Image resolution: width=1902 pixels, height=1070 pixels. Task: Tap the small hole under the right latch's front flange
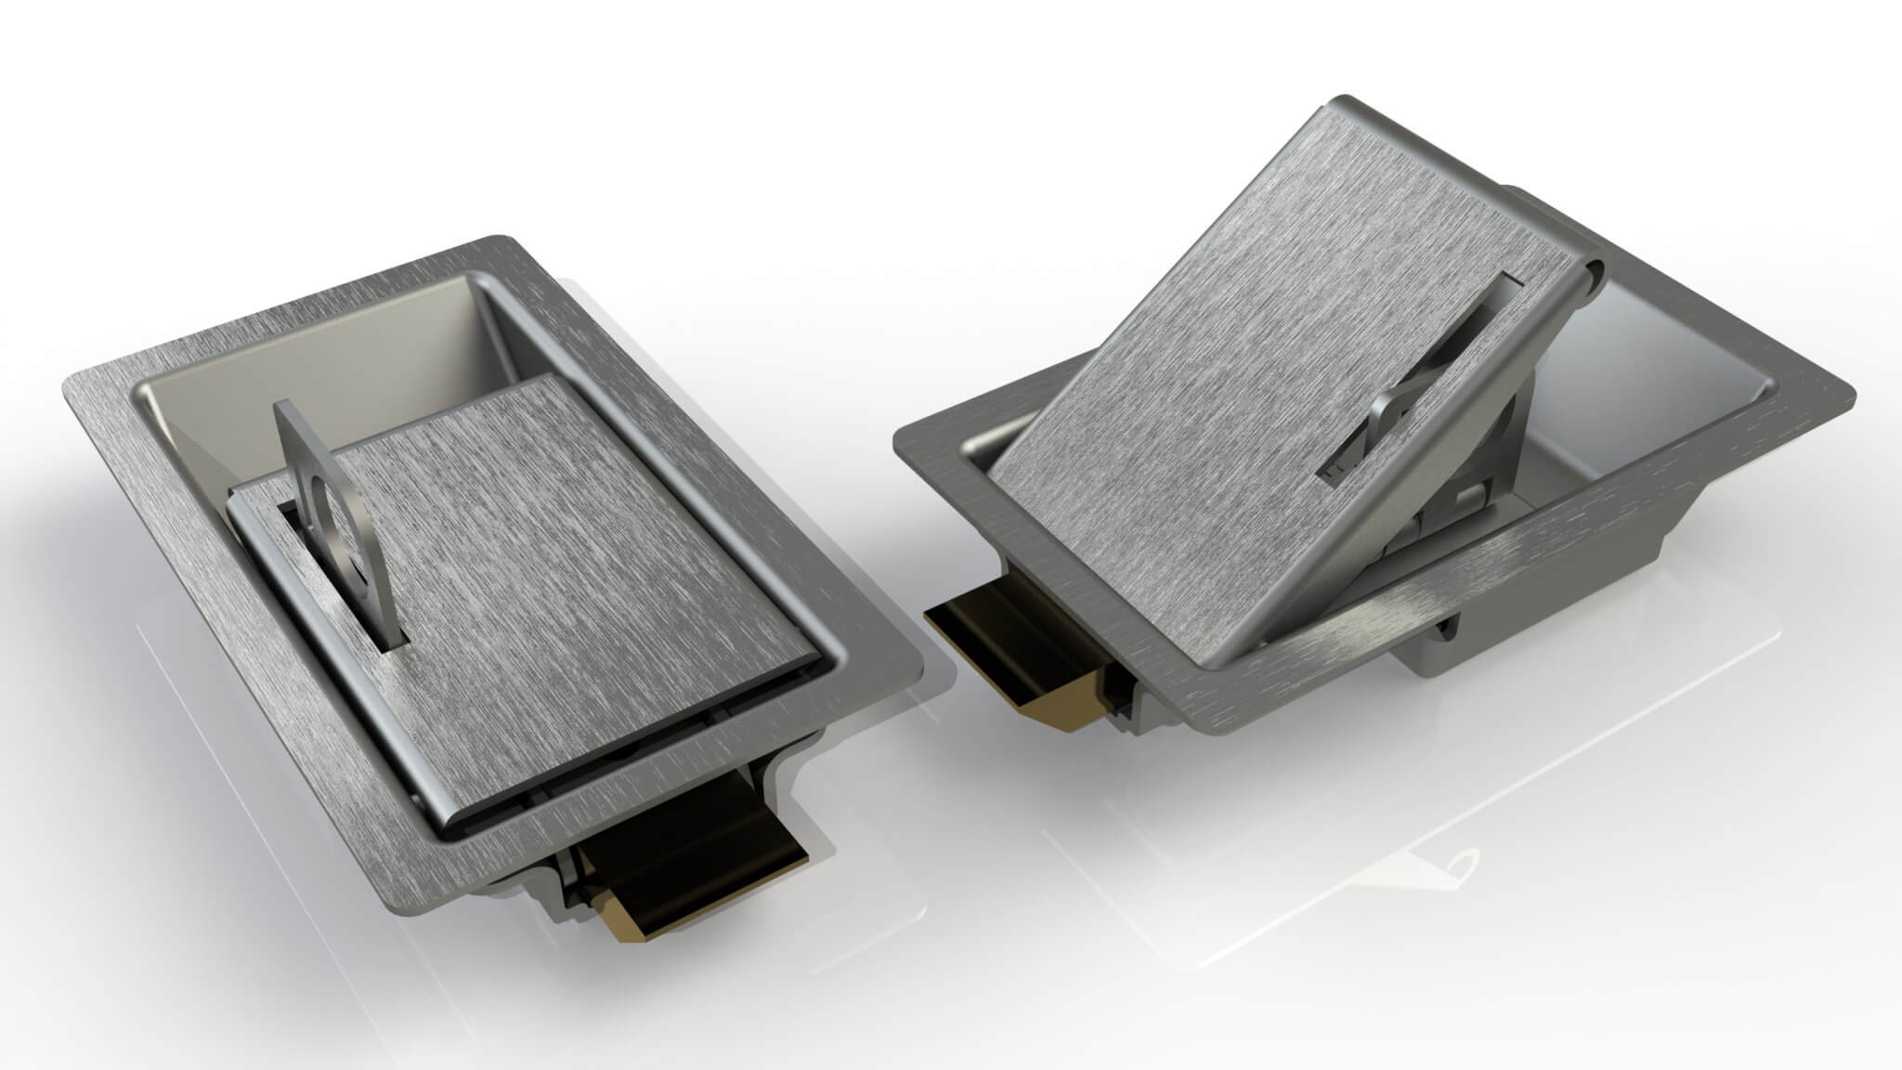(x=1445, y=637)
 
